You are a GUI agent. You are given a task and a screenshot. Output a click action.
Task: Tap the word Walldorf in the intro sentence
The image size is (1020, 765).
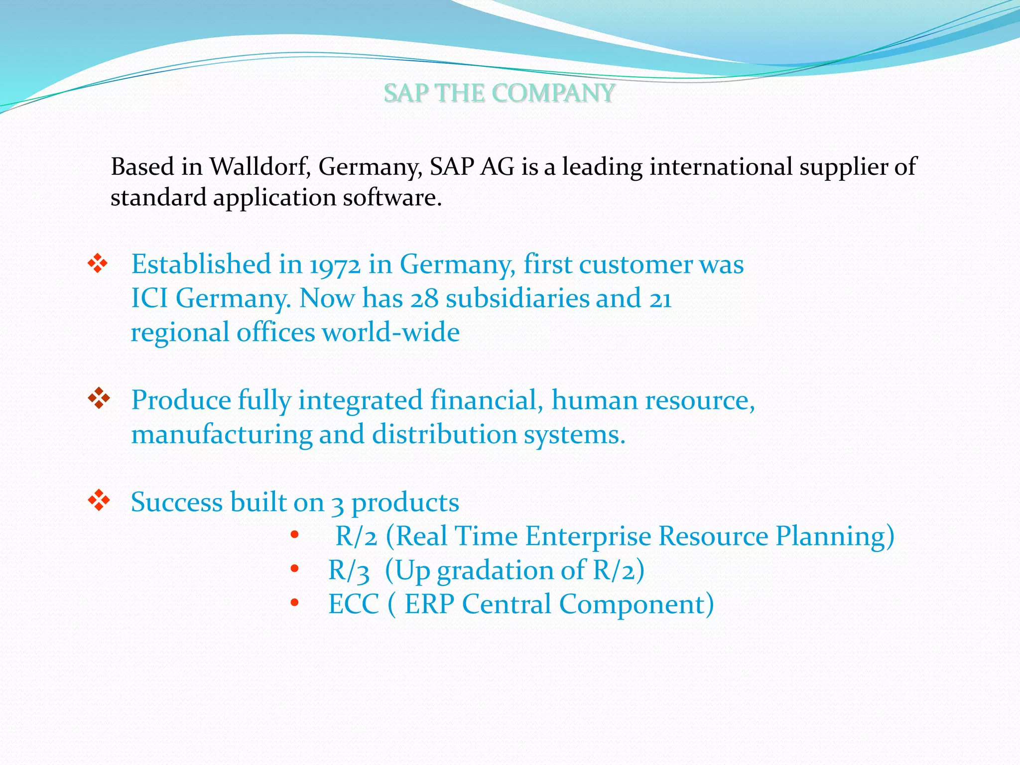point(260,166)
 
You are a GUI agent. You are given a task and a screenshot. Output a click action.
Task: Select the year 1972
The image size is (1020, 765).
point(335,264)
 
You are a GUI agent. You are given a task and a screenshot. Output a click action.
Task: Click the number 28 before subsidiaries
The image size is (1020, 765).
point(424,298)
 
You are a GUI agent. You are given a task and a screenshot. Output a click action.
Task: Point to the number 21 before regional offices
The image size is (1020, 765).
point(660,298)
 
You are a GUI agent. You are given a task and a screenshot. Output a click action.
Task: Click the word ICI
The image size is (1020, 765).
point(149,298)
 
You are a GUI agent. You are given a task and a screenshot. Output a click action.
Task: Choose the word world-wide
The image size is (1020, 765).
point(391,332)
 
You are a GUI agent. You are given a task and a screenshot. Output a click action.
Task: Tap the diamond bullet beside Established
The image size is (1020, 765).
point(98,263)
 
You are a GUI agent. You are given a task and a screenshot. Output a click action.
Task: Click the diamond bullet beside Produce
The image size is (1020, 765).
point(99,398)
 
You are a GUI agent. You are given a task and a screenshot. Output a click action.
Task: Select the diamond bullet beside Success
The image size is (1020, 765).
point(99,501)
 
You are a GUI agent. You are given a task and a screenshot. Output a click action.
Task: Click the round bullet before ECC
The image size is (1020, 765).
point(294,603)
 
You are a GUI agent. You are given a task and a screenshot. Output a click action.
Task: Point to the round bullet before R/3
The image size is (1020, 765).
point(294,568)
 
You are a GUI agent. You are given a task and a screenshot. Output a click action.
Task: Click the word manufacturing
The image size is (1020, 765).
point(221,434)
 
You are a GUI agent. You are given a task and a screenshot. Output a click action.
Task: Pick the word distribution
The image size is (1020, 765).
point(444,434)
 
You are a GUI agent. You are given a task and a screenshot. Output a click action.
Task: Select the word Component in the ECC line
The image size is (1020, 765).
point(637,604)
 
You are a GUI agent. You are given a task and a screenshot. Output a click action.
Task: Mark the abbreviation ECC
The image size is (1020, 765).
point(354,604)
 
